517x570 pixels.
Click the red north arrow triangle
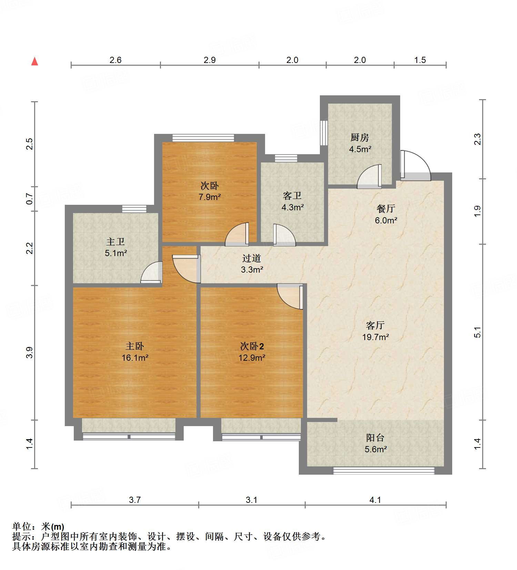coord(34,62)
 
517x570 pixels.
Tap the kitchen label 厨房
coord(359,138)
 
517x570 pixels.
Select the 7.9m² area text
coord(209,197)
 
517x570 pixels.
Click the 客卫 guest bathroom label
coord(292,196)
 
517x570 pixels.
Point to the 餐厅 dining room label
coord(386,209)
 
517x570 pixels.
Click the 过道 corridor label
coord(252,258)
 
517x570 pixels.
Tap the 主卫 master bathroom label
coord(115,242)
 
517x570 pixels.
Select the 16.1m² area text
coord(135,358)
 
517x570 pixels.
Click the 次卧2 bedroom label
coord(252,346)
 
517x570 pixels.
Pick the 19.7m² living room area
coord(375,337)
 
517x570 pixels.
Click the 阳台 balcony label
coord(375,438)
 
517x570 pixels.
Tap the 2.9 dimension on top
coord(209,60)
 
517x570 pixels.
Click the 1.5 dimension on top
coord(420,60)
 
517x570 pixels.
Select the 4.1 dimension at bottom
coord(375,500)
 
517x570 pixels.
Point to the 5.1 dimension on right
coord(477,332)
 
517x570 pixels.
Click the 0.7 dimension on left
coord(30,199)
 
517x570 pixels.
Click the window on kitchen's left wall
coord(323,133)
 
